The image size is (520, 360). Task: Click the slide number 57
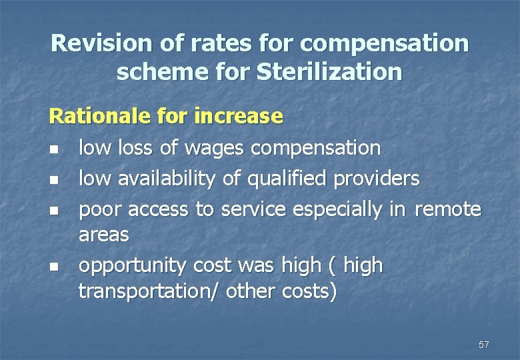click(x=483, y=345)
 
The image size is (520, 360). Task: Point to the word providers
click(x=377, y=179)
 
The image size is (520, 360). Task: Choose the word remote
click(x=447, y=209)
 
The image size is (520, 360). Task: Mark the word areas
click(x=103, y=235)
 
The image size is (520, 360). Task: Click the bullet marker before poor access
click(x=54, y=211)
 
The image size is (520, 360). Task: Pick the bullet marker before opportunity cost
click(x=54, y=267)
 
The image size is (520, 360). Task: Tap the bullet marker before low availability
click(x=54, y=180)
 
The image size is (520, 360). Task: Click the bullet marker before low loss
click(x=54, y=149)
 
